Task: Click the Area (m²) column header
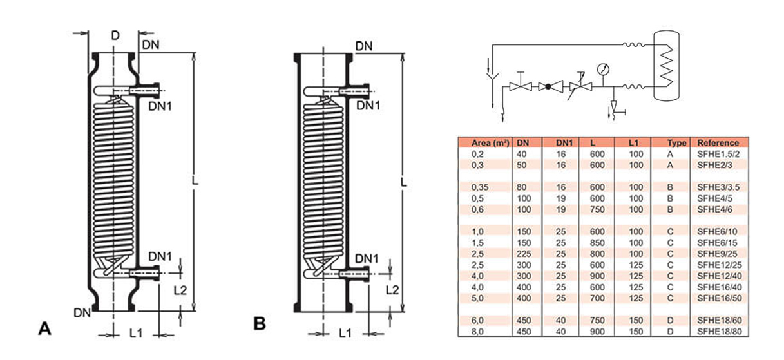(x=483, y=143)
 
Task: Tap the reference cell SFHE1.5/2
(x=718, y=155)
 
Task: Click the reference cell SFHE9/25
(x=716, y=254)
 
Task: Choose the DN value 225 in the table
(x=522, y=254)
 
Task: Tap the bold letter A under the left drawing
(x=44, y=328)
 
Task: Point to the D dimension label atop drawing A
(x=115, y=35)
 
